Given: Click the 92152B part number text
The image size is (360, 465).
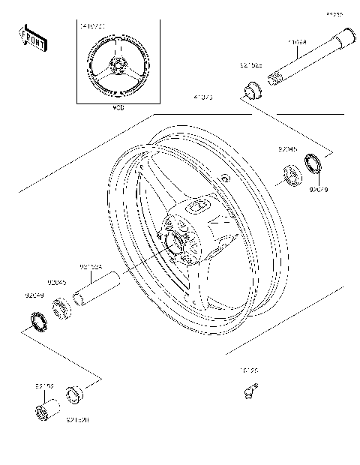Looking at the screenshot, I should point(77,421).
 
